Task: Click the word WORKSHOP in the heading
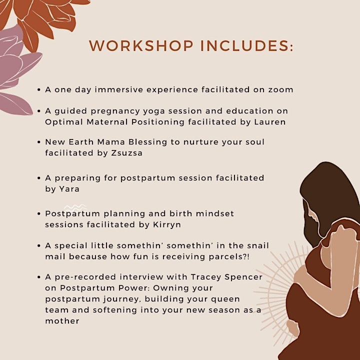click(x=141, y=45)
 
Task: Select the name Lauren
click(x=270, y=121)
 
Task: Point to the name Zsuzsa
click(x=126, y=152)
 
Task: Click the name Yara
click(x=69, y=188)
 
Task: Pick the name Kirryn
click(x=167, y=224)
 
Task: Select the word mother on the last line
click(x=62, y=320)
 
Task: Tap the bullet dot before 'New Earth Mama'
click(x=39, y=142)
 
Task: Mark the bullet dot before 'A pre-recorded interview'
click(x=39, y=277)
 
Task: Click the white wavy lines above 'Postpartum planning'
click(x=75, y=208)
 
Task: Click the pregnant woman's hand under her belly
click(x=292, y=329)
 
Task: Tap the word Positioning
click(x=157, y=122)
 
